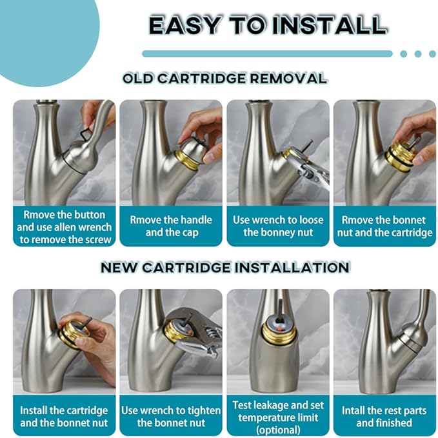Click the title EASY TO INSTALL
coord(268,25)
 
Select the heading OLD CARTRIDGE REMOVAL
coord(225,78)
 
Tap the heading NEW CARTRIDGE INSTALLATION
coord(225,268)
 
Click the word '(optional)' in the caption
coord(278,430)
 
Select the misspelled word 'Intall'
coord(353,411)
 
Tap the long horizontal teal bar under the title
coord(267,54)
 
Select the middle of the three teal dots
coord(418,54)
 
